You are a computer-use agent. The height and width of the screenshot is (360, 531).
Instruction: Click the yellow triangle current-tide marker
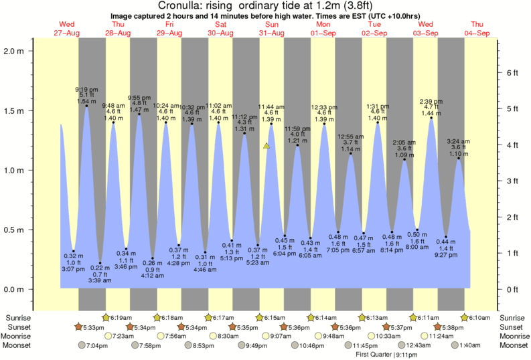[x=267, y=145]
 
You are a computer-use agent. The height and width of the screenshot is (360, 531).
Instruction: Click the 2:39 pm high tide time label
[x=431, y=102]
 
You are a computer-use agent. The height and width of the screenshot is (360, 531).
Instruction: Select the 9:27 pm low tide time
[x=445, y=255]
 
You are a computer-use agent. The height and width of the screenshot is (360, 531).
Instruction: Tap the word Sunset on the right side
[x=512, y=327]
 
